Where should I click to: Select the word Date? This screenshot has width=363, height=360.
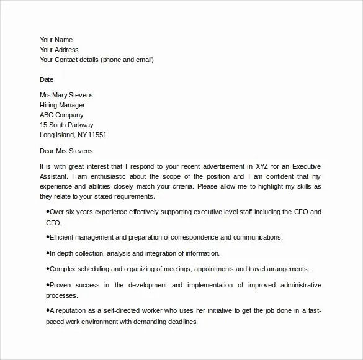click(x=47, y=79)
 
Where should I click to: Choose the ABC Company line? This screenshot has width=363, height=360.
click(x=61, y=115)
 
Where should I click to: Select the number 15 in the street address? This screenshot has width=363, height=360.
click(x=43, y=125)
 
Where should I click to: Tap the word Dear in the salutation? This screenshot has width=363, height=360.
click(x=48, y=150)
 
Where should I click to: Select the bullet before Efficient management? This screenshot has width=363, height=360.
click(x=48, y=236)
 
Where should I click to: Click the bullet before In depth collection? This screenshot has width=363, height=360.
click(x=48, y=253)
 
